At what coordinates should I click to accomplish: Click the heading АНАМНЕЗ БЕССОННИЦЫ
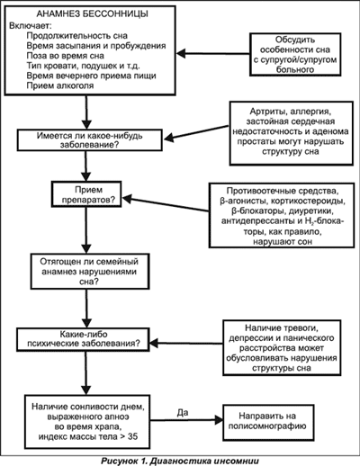tap(92, 13)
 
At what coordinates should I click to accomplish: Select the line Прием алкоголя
tap(60, 85)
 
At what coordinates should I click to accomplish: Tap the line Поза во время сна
tap(66, 56)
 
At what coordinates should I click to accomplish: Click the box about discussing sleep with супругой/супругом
tap(295, 54)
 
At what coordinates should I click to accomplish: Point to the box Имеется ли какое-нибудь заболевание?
tap(90, 140)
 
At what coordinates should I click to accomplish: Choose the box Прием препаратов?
tap(86, 194)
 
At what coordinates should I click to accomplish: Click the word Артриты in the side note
tap(265, 112)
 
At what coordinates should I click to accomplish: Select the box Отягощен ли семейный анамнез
tap(90, 272)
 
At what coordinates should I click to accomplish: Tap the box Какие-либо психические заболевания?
tap(83, 339)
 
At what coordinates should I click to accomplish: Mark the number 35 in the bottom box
tap(132, 436)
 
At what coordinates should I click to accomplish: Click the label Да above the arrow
tap(183, 413)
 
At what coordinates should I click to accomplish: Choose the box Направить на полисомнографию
tap(268, 421)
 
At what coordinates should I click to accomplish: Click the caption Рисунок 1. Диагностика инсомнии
tap(180, 461)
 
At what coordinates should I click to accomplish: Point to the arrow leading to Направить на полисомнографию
tap(186, 420)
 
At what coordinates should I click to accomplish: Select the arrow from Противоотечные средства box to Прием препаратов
tap(166, 204)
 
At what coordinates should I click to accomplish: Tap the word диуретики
tap(311, 211)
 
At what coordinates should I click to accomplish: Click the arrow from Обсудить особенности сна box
tap(212, 54)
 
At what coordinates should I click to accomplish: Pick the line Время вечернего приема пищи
tap(91, 76)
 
